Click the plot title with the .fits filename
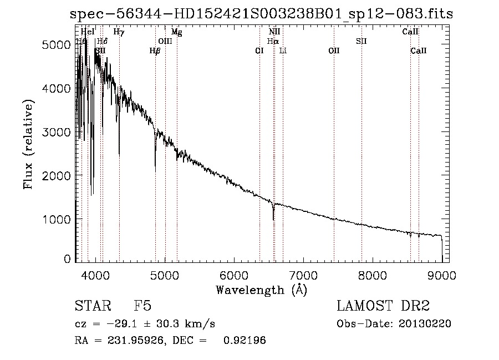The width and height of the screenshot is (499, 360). [x=261, y=14]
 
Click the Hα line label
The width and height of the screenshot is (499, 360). [x=273, y=41]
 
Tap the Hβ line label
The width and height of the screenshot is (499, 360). [x=155, y=50]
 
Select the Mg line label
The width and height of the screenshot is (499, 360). [x=176, y=32]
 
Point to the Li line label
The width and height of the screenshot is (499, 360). [x=283, y=50]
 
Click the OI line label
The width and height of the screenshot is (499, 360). [x=259, y=50]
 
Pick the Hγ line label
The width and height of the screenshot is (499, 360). [x=119, y=32]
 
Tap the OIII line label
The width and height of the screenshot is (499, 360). [x=165, y=41]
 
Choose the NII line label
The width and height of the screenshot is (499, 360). [x=274, y=32]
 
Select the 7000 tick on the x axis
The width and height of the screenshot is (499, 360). [x=303, y=274]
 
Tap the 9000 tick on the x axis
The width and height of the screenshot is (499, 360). [x=441, y=274]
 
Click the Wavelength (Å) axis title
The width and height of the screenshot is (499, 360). [x=261, y=290]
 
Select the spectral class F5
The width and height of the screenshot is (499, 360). [x=142, y=306]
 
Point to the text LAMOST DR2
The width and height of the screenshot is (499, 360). [x=383, y=306]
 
